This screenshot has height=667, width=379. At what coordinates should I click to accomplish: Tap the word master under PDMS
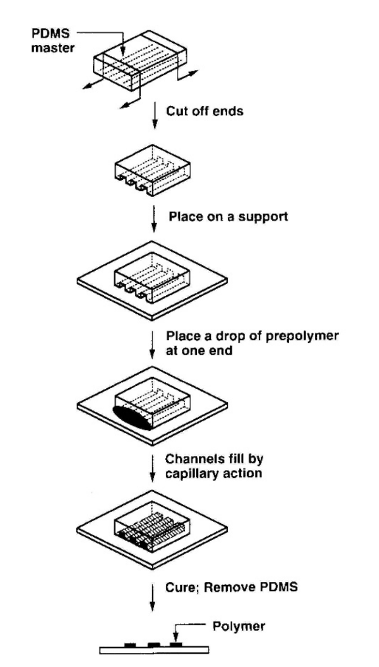tap(52, 47)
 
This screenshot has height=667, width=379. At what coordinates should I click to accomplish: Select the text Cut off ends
tap(204, 111)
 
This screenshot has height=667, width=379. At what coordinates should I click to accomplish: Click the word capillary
tap(189, 474)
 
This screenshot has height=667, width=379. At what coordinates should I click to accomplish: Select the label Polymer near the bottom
tap(239, 626)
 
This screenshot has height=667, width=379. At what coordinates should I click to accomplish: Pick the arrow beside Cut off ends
tap(155, 115)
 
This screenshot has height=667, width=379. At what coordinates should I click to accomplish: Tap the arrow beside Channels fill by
tap(152, 468)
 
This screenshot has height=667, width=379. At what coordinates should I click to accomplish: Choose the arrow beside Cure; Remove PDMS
tap(152, 597)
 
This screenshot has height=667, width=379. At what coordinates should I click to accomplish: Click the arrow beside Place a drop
tap(152, 343)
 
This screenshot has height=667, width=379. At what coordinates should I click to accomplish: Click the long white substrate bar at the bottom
tap(154, 651)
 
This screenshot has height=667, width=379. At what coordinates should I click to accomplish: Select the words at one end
tap(199, 351)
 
